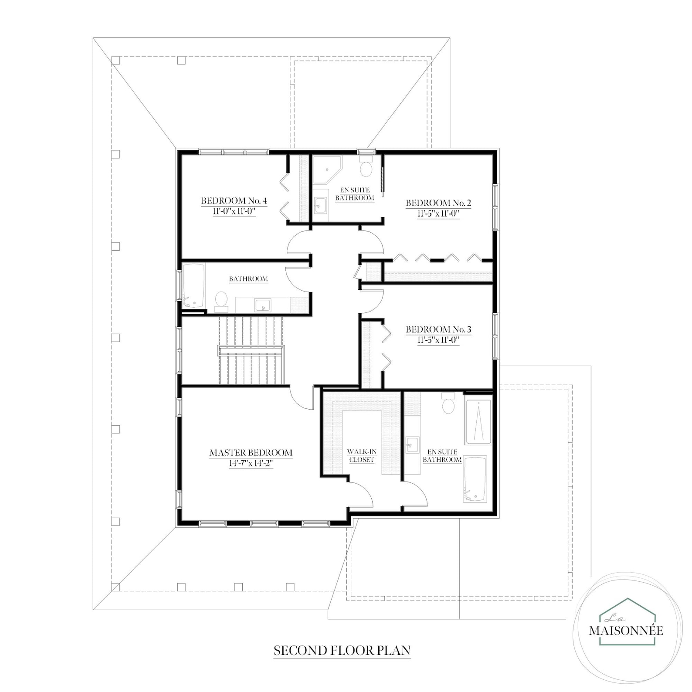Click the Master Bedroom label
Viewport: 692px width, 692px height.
[x=251, y=453]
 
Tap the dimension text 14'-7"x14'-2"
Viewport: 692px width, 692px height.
[x=251, y=464]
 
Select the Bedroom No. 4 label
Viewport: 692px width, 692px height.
[x=234, y=201]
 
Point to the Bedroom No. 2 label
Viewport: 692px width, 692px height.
[x=438, y=203]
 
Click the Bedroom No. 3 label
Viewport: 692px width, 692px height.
[x=438, y=329]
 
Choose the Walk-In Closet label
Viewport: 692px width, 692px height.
[x=361, y=456]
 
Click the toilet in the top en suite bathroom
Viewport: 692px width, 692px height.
[x=366, y=167]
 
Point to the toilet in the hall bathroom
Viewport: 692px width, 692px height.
[x=221, y=300]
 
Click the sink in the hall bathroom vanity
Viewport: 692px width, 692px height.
[x=262, y=305]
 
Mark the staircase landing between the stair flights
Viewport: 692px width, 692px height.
[x=251, y=350]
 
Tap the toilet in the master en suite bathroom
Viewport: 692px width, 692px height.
[x=448, y=404]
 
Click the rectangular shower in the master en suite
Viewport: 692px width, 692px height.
[x=478, y=421]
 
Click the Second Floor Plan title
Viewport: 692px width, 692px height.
[x=342, y=651]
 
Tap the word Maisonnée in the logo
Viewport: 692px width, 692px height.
[x=626, y=630]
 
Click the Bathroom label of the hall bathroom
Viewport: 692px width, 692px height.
[x=248, y=279]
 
